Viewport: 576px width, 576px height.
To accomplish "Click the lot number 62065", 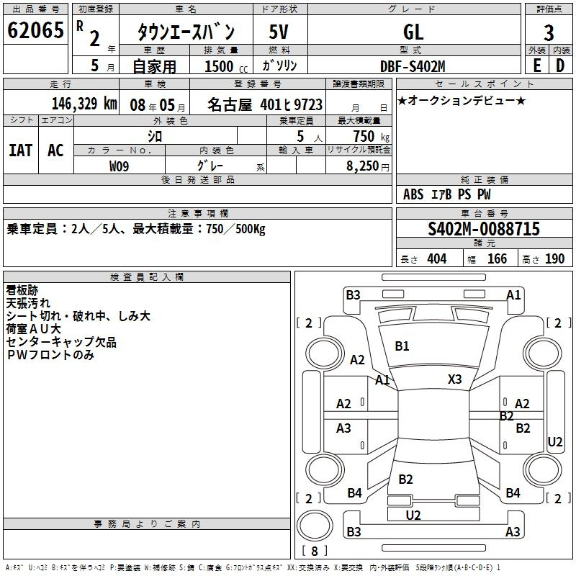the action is click(x=35, y=30).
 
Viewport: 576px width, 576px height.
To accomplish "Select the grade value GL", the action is click(x=413, y=32).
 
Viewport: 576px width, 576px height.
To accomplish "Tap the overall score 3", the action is click(x=549, y=33).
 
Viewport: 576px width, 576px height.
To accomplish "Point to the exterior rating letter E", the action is click(x=536, y=66).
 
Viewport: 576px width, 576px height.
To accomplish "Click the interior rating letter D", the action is click(x=560, y=66).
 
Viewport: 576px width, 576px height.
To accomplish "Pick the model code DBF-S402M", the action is click(x=413, y=66).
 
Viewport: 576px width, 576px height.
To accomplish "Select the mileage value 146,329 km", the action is click(x=84, y=104).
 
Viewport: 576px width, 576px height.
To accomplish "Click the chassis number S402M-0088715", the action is click(x=484, y=229).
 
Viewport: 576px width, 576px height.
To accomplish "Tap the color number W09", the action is click(x=119, y=166).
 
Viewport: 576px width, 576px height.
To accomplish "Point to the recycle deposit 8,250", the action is click(x=362, y=166).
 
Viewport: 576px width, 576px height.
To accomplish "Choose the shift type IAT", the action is click(x=21, y=150).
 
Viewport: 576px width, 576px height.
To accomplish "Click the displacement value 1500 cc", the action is click(x=226, y=67).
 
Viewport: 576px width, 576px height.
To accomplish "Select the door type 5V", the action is click(x=279, y=32).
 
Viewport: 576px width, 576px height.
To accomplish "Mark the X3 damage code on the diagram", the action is click(x=455, y=379).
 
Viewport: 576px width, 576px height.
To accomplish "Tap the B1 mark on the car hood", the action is click(x=402, y=346).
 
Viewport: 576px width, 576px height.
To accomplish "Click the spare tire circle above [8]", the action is click(x=315, y=526).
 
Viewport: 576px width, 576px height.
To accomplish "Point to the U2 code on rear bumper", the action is click(x=413, y=516).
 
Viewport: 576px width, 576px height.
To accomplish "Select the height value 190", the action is click(x=554, y=259).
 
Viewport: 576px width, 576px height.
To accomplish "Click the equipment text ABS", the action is click(x=413, y=194).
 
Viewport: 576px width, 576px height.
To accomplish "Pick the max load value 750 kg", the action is click(x=371, y=136).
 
